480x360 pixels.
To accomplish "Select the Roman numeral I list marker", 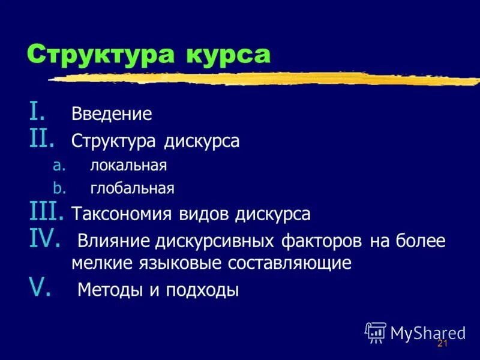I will [x=37, y=112].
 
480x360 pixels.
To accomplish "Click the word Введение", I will [x=112, y=114].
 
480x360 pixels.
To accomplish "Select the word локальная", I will [x=129, y=166].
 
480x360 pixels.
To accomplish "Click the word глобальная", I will [x=133, y=190].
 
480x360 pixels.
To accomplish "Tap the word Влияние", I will [x=114, y=242].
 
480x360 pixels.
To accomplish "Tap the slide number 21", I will [x=443, y=343].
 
